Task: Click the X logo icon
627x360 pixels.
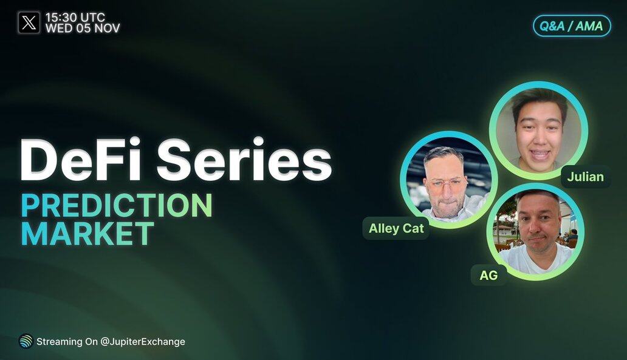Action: (29, 22)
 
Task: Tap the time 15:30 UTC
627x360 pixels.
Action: (75, 18)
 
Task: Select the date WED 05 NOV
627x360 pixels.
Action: (83, 29)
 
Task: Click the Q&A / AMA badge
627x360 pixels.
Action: (572, 26)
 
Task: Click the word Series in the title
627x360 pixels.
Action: (244, 160)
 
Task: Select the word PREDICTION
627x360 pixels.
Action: (117, 205)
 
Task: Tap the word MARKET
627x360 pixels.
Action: (87, 233)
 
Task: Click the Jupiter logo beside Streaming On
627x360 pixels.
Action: (26, 341)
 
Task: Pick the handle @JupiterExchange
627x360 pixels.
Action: (143, 342)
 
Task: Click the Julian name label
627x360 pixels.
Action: (586, 177)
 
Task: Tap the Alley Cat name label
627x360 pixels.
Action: (396, 228)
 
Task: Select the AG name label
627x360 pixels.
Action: (488, 275)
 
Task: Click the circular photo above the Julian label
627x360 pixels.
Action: (539, 131)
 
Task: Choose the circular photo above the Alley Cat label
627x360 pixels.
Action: (449, 180)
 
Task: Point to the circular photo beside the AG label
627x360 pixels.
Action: (536, 232)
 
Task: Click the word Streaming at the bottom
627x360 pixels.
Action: (59, 342)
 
